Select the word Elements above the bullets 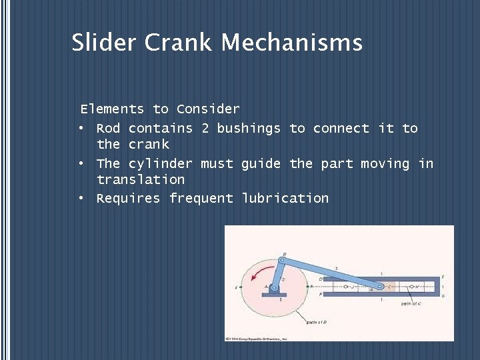click(x=112, y=109)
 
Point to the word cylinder click(x=160, y=163)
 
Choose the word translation click(x=141, y=179)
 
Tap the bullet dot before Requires click(x=81, y=198)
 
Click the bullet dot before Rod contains click(x=81, y=128)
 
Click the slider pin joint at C click(x=379, y=287)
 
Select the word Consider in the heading click(x=208, y=109)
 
